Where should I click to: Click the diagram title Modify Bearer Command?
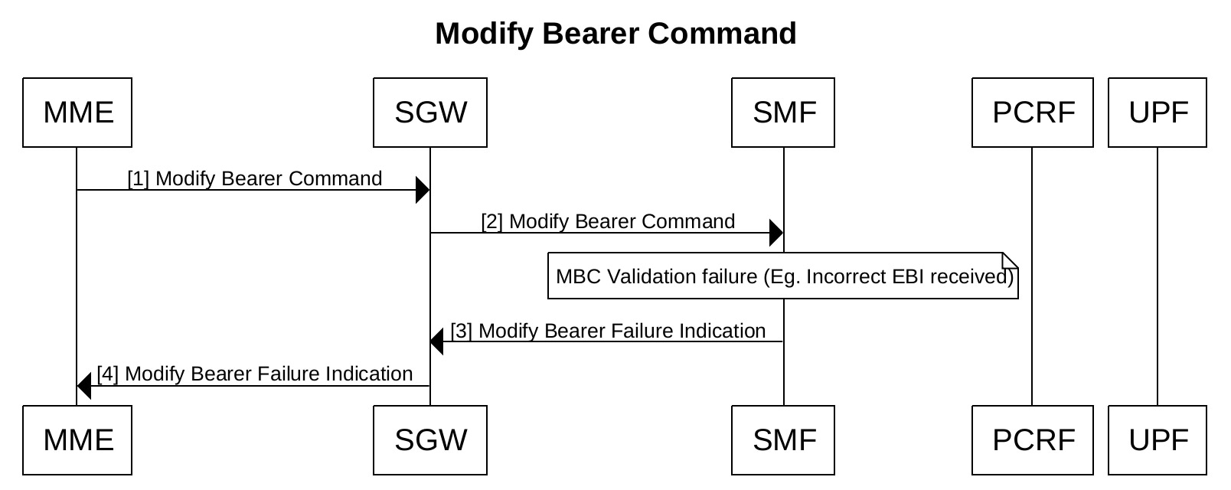615,34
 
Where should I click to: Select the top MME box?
77,113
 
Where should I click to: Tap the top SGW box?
430,113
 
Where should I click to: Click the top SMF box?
783,113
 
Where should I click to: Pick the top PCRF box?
1033,113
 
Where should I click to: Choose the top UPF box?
1158,113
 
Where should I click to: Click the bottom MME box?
77,440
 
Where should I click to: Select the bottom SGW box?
430,440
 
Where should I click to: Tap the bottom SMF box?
783,440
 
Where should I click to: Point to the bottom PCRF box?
1033,440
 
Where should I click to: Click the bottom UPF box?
1158,440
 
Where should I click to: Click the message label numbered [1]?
255,178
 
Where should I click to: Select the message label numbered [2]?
609,221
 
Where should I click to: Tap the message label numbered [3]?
609,332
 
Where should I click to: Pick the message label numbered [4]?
255,374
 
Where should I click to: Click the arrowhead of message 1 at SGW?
423,190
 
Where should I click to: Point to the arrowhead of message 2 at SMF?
776,233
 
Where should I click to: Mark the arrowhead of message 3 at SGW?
437,341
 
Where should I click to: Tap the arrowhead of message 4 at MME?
84,386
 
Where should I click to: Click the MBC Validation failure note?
783,276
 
